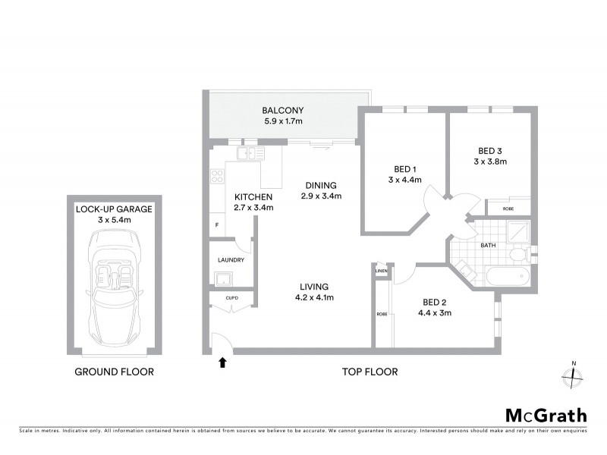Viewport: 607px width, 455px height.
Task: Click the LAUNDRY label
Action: tap(230, 260)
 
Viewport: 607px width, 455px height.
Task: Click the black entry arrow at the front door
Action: tap(222, 363)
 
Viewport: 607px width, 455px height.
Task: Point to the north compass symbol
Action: tap(573, 374)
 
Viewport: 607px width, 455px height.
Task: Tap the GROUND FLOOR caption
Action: tap(114, 372)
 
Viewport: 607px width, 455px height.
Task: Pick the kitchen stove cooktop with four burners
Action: tap(217, 177)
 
